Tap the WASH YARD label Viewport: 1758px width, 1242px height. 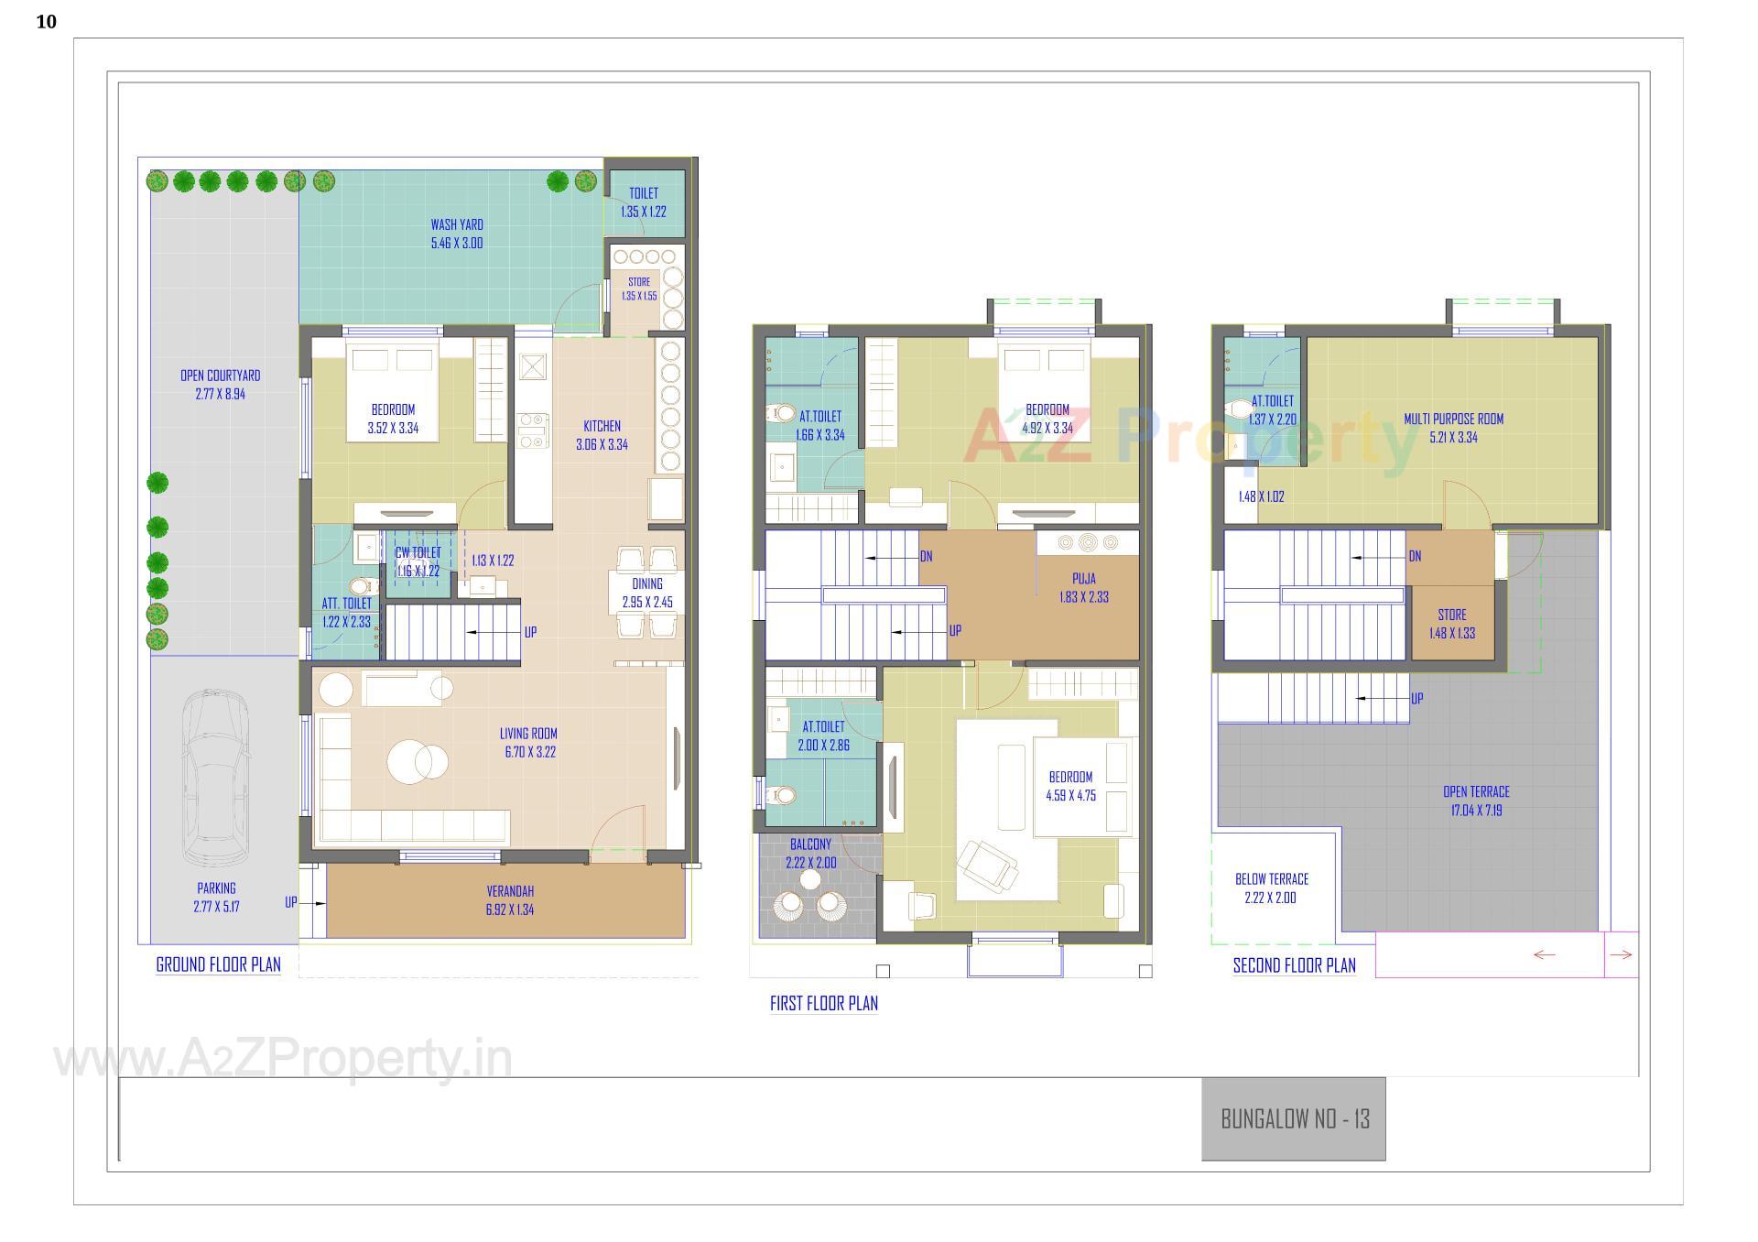[457, 225]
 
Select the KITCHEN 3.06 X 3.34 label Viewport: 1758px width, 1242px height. [602, 435]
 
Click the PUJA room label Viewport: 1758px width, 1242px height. [1084, 579]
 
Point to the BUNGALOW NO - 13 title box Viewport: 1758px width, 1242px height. [1294, 1118]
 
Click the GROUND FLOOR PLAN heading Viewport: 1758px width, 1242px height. [218, 964]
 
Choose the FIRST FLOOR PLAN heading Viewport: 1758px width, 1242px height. [823, 1003]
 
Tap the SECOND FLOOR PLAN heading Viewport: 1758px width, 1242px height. [1294, 965]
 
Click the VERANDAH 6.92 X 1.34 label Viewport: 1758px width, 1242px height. [510, 900]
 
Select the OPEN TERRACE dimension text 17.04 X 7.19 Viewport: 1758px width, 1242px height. [1476, 811]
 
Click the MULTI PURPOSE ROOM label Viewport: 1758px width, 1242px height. [1454, 419]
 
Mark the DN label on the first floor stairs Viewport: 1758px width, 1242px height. [926, 557]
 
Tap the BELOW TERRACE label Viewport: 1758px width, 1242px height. [1272, 879]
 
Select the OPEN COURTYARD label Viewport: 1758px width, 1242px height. [220, 376]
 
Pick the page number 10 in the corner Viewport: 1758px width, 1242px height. [46, 22]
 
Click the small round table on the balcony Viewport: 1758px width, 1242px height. [809, 880]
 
